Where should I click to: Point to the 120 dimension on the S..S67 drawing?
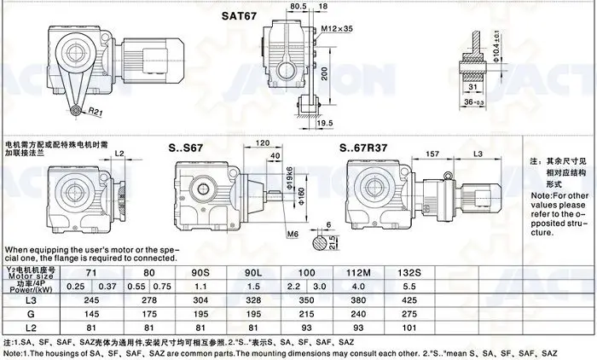coord(263,142)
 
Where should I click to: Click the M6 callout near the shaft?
coord(293,233)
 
